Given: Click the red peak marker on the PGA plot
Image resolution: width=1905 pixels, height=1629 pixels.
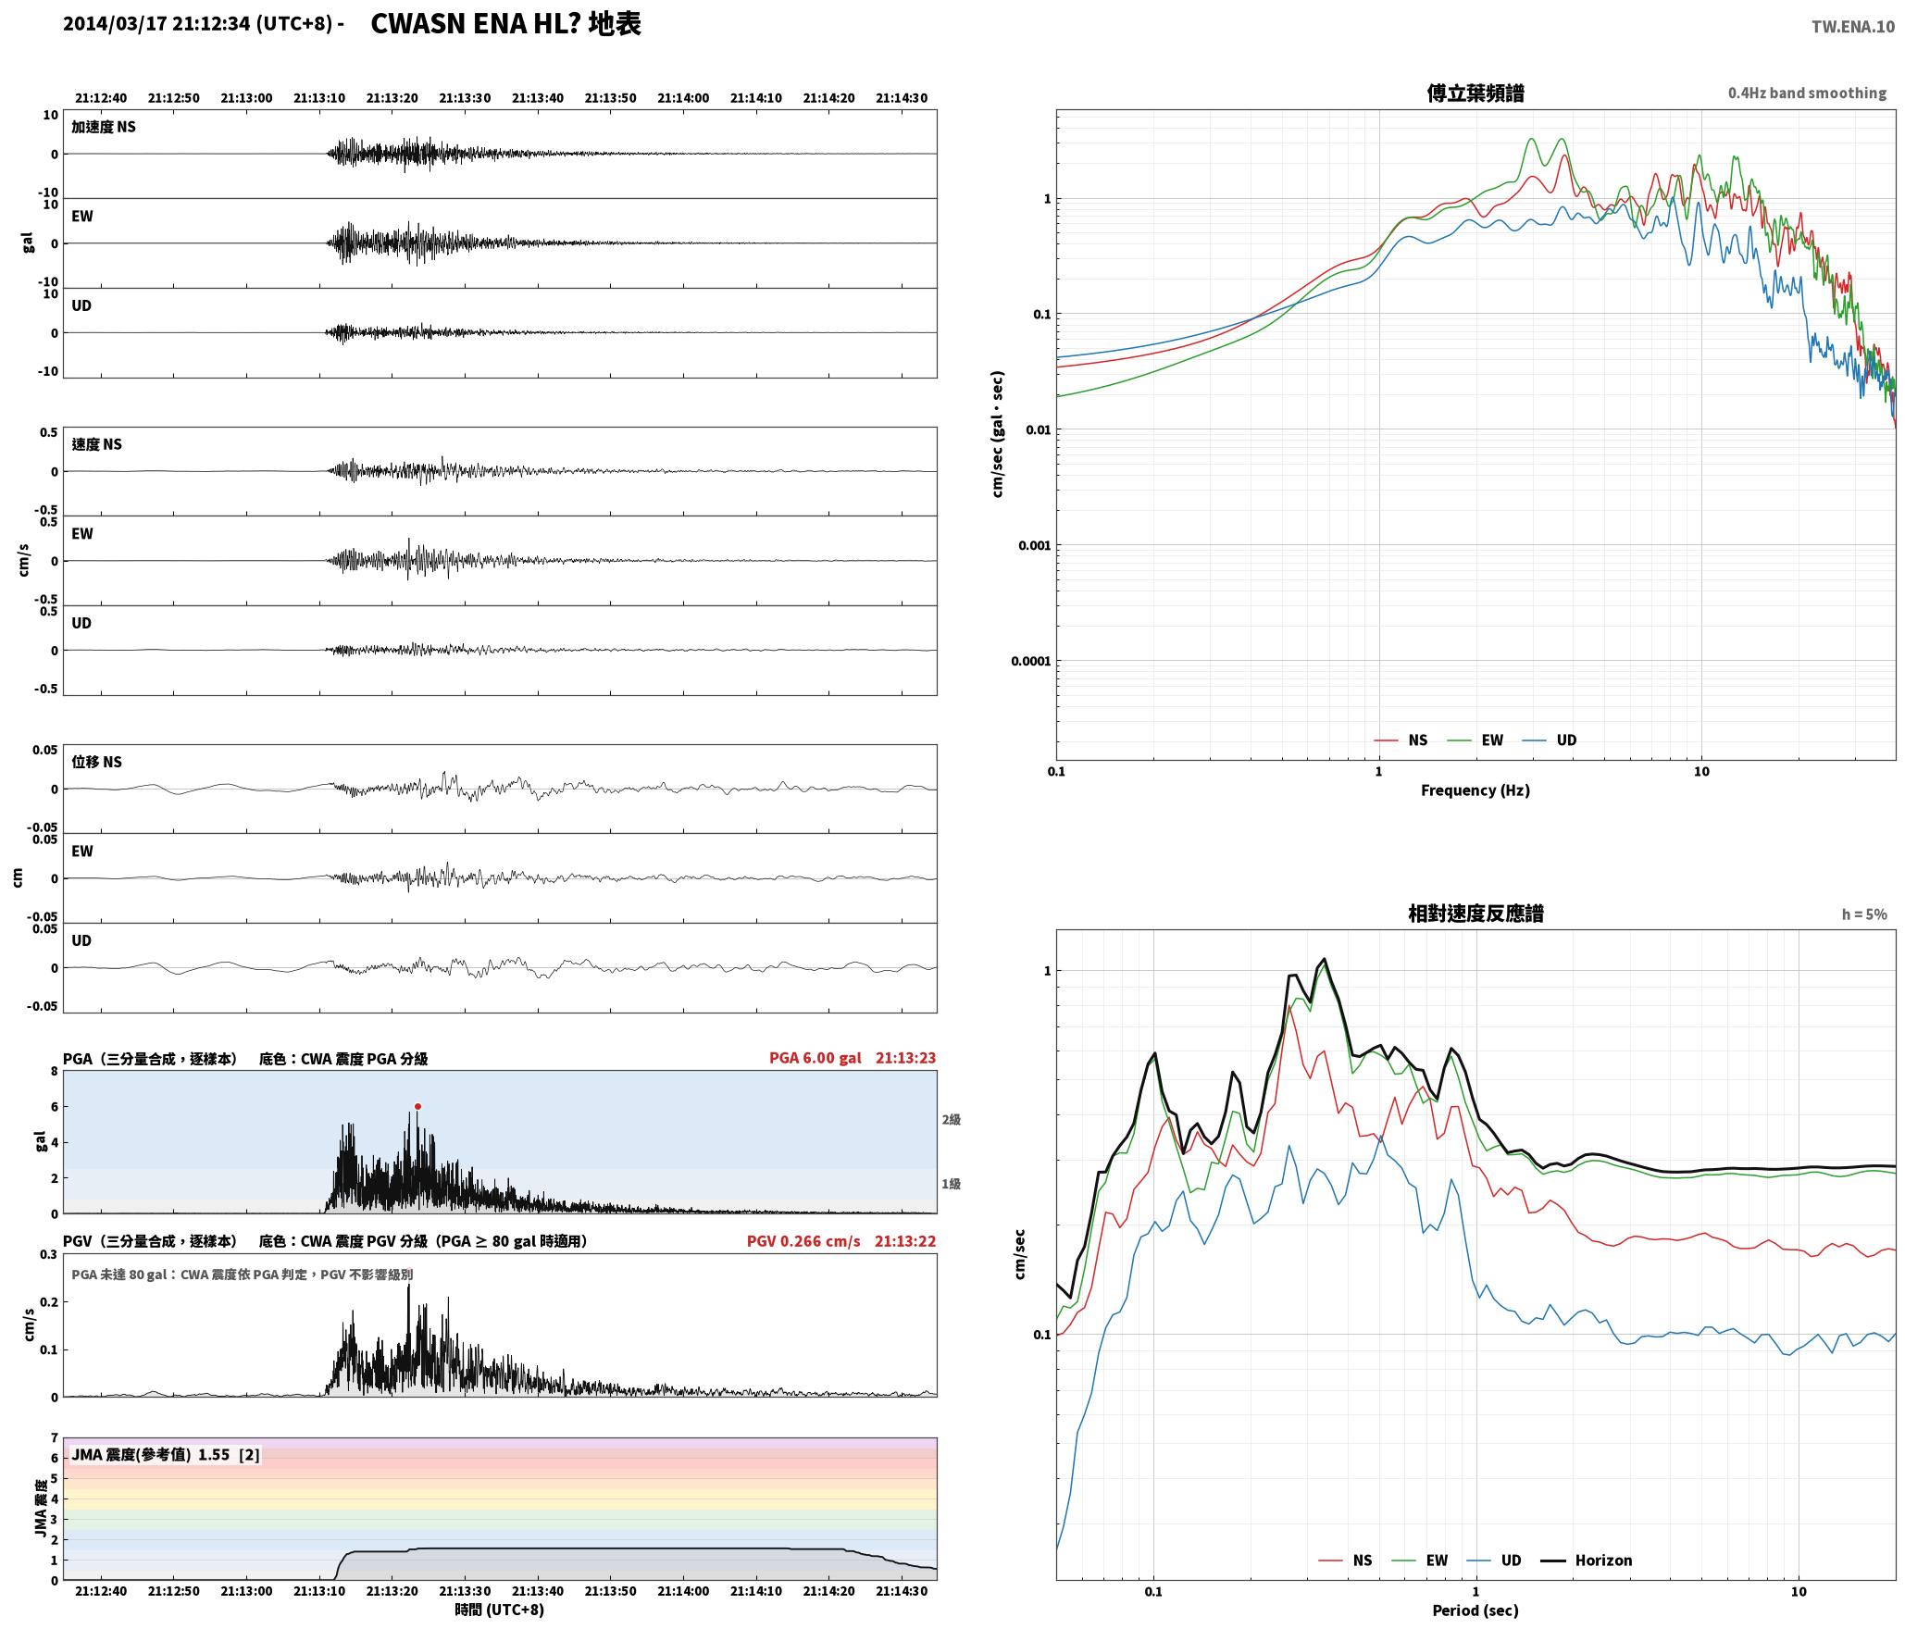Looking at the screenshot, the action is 417,1106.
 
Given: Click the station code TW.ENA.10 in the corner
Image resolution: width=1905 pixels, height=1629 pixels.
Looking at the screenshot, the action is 1852,27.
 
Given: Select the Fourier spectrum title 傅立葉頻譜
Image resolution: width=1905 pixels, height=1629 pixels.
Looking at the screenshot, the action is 1475,93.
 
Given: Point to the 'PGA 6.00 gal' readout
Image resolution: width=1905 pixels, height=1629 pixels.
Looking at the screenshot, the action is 815,1058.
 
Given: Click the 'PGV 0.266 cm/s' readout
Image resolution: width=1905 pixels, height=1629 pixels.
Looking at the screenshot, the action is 803,1241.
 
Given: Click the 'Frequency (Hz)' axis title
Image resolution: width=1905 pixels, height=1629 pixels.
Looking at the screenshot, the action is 1475,790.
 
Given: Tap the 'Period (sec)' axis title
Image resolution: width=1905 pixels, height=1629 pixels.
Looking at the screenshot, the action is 1475,1610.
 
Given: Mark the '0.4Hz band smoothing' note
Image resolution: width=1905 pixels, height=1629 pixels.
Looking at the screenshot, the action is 1807,93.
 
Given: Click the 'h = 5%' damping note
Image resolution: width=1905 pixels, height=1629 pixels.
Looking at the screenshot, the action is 1864,914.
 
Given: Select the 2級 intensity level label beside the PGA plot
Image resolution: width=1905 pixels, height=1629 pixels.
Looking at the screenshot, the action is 951,1119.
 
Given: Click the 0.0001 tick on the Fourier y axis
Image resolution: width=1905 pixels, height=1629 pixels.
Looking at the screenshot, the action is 1030,661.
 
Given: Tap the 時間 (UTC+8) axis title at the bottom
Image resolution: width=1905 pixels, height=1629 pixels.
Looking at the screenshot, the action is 499,1610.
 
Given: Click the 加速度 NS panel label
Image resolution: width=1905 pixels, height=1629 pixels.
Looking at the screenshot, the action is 104,127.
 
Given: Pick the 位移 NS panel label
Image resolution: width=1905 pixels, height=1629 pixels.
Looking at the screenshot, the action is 97,762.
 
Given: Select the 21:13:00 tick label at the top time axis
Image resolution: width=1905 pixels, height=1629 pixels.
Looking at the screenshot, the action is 246,98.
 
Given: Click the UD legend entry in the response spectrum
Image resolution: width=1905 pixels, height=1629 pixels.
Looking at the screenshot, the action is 1500,1561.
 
